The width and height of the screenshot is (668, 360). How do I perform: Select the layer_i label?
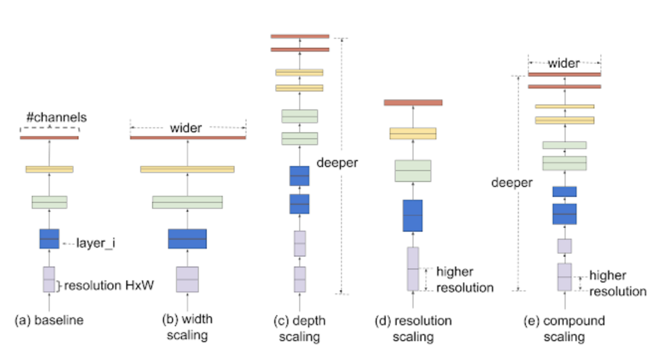pos(95,244)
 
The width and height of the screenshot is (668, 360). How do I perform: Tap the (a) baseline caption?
pos(49,320)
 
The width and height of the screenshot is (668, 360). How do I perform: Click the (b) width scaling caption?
pos(187,327)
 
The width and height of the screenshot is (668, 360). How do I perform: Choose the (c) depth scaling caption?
pos(299,328)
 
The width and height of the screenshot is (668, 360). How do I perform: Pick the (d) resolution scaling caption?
pos(413,328)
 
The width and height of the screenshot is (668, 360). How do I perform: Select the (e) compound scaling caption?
pos(564,328)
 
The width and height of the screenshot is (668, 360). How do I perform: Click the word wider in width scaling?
pos(186,128)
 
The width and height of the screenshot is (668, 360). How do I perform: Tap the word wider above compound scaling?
pos(564,63)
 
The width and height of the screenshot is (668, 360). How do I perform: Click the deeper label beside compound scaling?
pos(511,182)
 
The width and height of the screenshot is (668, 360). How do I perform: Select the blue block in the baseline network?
pos(49,239)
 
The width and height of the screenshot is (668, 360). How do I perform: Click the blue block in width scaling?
pos(187,239)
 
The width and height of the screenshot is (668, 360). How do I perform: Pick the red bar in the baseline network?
pos(49,137)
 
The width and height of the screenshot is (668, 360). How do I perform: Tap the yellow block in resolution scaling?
pos(413,133)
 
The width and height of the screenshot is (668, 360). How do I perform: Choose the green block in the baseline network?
pos(49,202)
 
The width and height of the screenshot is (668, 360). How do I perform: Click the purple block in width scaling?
pos(187,279)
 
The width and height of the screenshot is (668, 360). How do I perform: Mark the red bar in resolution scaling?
pos(413,102)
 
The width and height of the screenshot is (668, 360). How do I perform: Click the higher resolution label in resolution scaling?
pos(464,279)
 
